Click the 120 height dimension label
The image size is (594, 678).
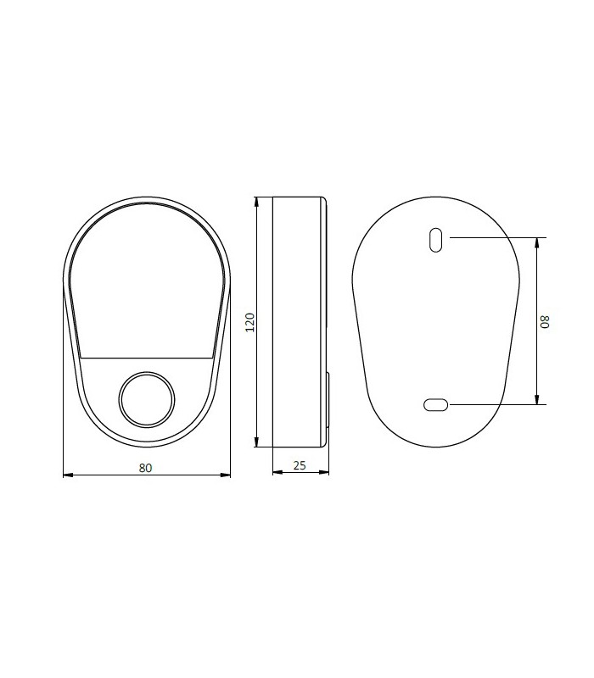tap(250, 322)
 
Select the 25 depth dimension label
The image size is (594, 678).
tap(300, 465)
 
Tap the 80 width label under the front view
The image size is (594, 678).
tap(145, 468)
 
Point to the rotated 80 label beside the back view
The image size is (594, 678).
tap(545, 322)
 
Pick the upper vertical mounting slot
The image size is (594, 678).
tap(435, 240)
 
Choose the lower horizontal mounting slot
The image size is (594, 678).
tap(436, 405)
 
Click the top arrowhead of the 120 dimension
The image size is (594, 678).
tap(256, 203)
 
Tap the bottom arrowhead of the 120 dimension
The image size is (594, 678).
tap(256, 442)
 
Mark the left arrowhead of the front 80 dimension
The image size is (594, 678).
tap(69, 475)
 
